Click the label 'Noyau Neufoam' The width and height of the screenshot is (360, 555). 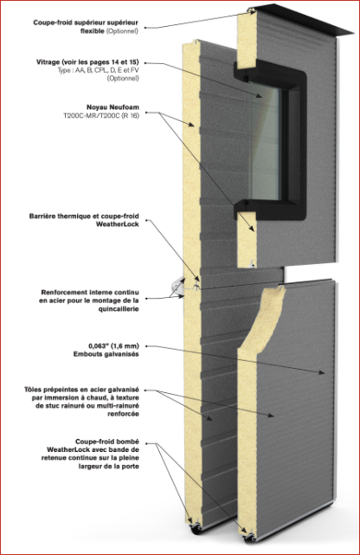click(x=112, y=106)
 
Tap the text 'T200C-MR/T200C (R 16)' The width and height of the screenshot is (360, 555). click(x=101, y=115)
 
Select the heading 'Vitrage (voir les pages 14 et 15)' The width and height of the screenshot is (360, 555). click(x=87, y=62)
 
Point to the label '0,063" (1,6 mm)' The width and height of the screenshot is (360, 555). click(x=113, y=345)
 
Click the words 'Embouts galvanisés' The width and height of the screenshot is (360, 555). click(x=106, y=354)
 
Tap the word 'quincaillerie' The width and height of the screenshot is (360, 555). click(x=119, y=308)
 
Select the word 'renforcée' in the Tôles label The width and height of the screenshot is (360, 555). click(x=123, y=414)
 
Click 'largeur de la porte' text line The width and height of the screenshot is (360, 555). click(x=108, y=466)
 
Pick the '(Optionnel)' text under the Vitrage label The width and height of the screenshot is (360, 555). click(x=123, y=78)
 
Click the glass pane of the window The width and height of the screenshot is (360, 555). click(x=265, y=142)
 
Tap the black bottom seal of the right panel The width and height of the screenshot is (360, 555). click(x=249, y=539)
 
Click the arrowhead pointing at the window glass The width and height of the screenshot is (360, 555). click(x=260, y=95)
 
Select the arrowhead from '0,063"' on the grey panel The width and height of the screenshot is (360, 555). click(x=321, y=372)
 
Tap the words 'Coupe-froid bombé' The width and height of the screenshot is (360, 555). click(x=107, y=442)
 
